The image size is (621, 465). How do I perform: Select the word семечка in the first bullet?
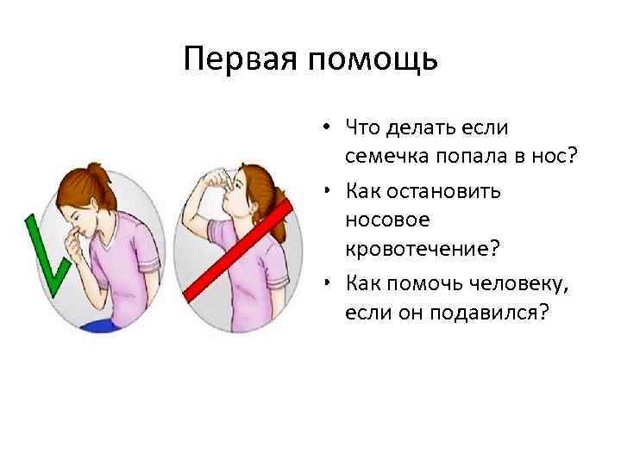click(x=388, y=158)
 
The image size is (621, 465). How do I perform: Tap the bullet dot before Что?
click(x=329, y=127)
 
